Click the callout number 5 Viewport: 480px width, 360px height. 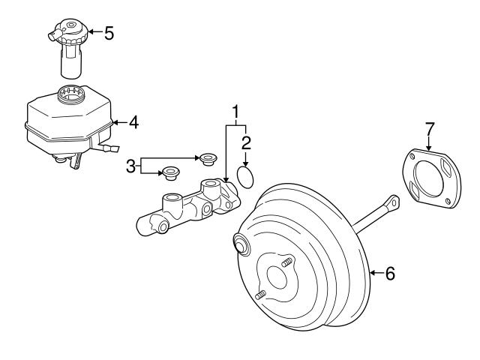[109, 33]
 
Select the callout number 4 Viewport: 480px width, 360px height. [133, 122]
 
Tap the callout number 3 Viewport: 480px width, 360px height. [130, 166]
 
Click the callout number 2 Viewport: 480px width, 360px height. [246, 143]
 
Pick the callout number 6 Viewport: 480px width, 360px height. [390, 273]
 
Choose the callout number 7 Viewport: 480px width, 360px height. [429, 129]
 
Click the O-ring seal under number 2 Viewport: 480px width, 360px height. [245, 177]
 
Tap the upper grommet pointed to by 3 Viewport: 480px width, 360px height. [208, 159]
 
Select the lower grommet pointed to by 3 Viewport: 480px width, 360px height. [171, 173]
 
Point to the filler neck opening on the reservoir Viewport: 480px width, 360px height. [71, 94]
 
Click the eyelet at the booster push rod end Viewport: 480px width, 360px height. [394, 202]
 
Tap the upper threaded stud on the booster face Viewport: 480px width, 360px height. [286, 262]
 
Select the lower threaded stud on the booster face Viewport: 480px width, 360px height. [260, 295]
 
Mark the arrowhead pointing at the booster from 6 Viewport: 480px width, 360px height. [373, 273]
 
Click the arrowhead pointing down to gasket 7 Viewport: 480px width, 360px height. [428, 148]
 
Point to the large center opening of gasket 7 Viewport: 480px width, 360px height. [428, 178]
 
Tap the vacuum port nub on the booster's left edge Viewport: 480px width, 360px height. [241, 243]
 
